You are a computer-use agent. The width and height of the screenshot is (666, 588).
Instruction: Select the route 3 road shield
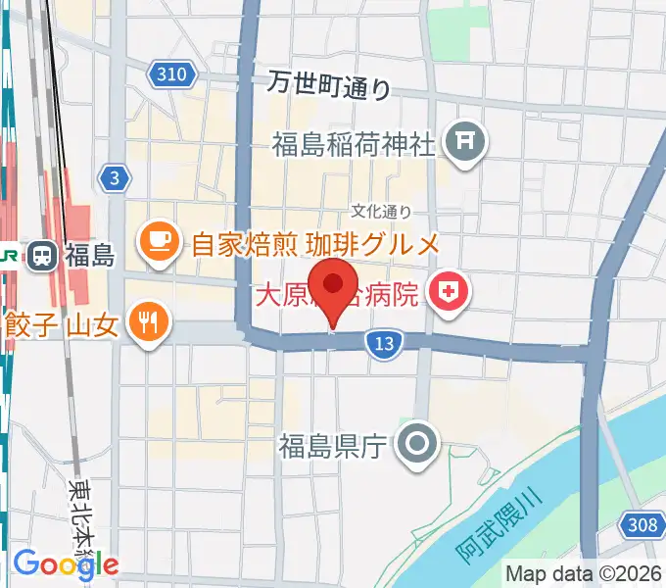coord(116,176)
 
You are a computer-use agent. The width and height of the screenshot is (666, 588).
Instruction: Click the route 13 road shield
coord(384,343)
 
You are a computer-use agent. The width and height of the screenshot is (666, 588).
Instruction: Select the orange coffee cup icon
coord(158,241)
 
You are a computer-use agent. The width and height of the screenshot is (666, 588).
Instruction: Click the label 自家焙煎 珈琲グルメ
coord(313,242)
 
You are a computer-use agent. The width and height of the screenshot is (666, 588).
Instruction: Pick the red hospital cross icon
coord(450,292)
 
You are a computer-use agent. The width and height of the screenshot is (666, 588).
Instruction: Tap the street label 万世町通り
coord(329,86)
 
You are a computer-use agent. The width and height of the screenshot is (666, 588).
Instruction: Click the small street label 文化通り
coord(382,212)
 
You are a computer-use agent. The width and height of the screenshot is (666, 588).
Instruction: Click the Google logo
coord(66,564)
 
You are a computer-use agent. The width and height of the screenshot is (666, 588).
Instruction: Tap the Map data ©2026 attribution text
coord(584,573)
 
